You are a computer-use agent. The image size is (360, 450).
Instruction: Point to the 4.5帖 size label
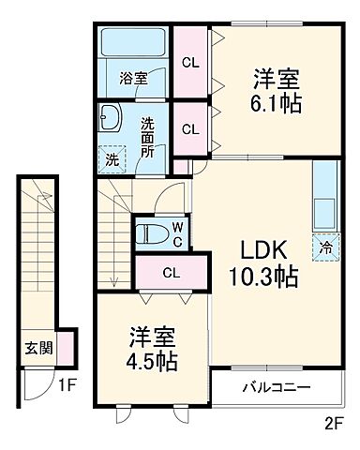[x=146, y=361]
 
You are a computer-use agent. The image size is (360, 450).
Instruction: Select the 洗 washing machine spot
[x=112, y=159]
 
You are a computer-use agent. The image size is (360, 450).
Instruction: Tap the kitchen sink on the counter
[x=324, y=208]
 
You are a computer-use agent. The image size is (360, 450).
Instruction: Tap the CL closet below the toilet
[x=170, y=273]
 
